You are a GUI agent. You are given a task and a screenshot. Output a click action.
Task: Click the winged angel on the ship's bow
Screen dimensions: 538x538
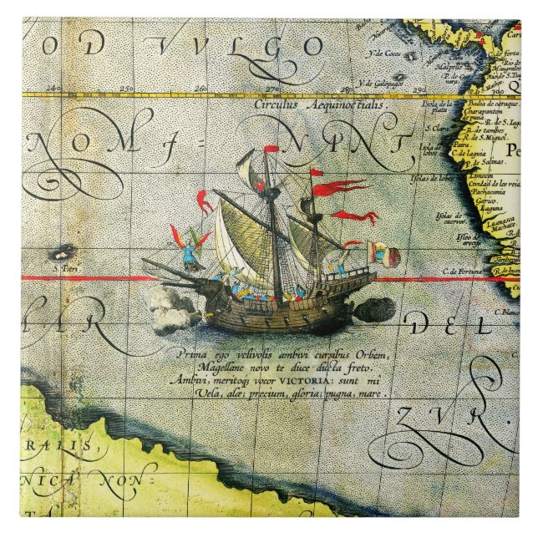[191, 246]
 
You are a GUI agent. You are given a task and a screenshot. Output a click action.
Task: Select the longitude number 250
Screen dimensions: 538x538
[127, 88]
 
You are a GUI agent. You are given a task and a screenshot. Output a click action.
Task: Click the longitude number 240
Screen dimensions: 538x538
[55, 88]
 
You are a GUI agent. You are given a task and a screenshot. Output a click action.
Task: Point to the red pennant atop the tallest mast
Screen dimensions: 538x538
[272, 149]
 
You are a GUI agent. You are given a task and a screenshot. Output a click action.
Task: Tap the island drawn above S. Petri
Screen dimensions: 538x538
[61, 251]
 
